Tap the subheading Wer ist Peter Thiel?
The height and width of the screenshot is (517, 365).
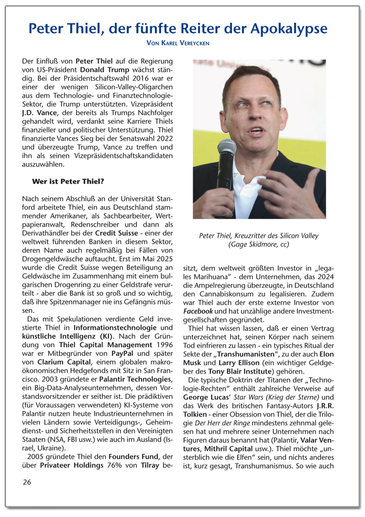[68, 181]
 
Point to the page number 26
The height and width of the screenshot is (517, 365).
[27, 482]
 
